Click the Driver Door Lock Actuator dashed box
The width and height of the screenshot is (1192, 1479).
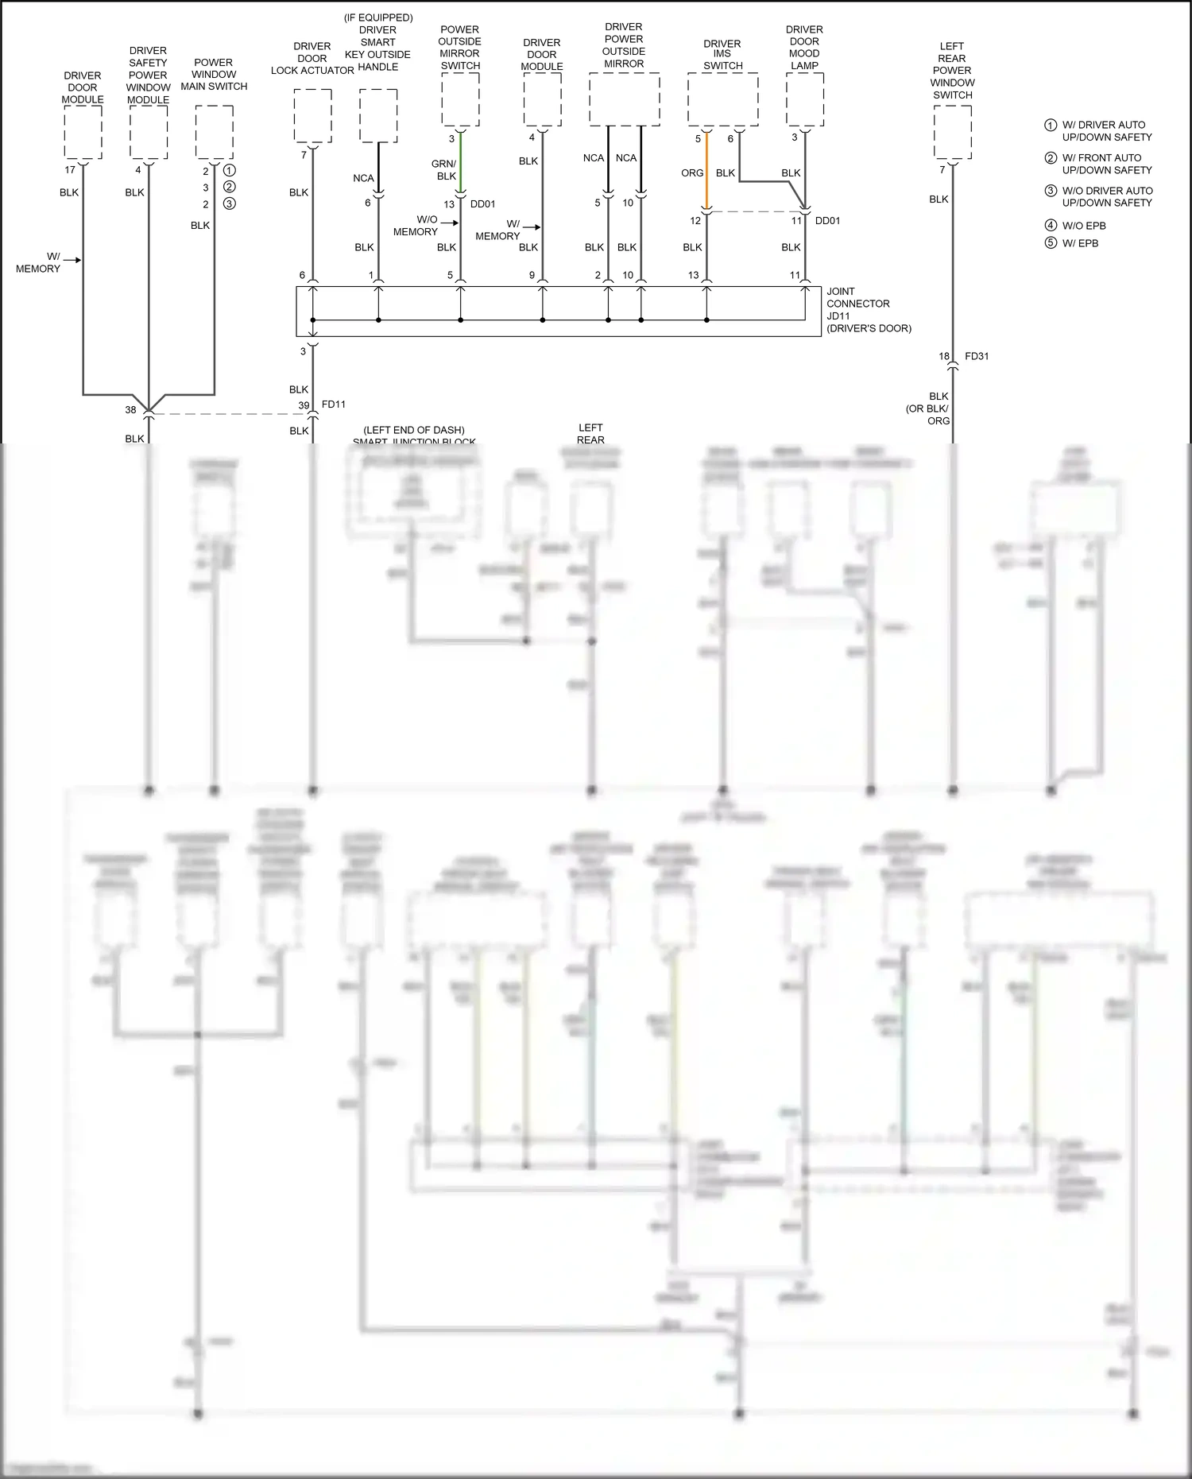click(312, 115)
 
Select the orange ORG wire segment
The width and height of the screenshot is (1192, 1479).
click(706, 173)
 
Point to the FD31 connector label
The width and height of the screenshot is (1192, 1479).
click(977, 356)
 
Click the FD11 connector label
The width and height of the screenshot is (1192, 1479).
click(334, 405)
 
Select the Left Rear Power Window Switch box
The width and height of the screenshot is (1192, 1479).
click(952, 133)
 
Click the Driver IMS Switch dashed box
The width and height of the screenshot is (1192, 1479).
click(722, 99)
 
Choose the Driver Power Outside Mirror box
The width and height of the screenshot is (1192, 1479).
click(624, 99)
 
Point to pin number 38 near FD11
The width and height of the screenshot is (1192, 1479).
click(130, 410)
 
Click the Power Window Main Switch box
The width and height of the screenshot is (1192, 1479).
click(214, 132)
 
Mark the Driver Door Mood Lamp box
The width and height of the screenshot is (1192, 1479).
click(804, 99)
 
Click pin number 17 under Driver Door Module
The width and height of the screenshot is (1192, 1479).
click(70, 170)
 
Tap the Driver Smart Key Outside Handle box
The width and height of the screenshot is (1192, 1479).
click(378, 115)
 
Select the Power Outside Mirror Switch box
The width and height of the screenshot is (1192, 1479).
click(460, 99)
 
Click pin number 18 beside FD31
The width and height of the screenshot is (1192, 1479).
click(944, 356)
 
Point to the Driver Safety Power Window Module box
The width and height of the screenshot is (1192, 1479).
click(149, 132)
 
